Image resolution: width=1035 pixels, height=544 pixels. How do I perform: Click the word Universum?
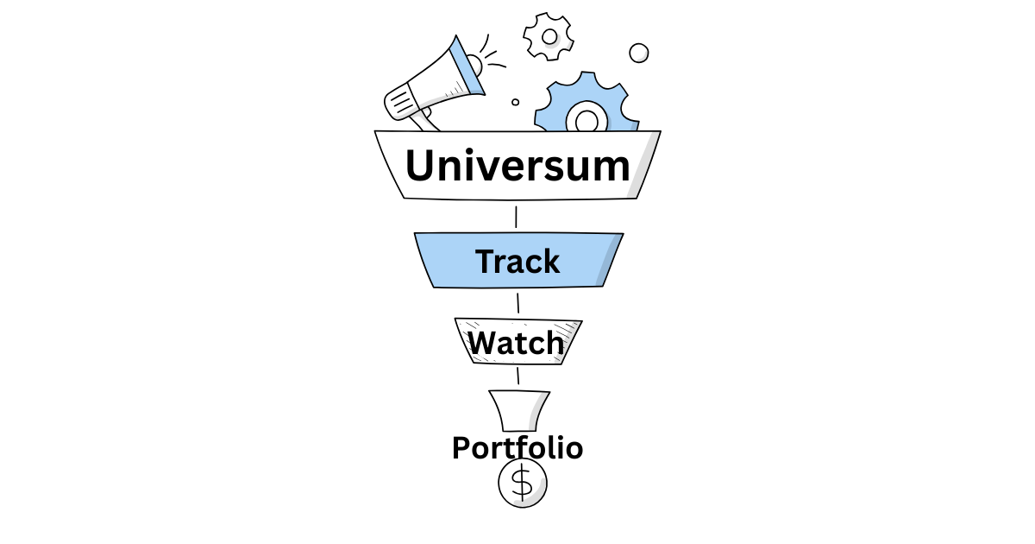pos(517,166)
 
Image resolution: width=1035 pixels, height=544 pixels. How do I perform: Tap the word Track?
pos(517,261)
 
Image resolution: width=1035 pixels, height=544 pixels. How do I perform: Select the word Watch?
pos(517,343)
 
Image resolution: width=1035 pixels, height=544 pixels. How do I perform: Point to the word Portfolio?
pos(517,448)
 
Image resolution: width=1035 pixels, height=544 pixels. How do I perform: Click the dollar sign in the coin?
pos(522,483)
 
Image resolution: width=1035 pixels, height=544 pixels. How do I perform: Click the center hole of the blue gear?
pos(587,118)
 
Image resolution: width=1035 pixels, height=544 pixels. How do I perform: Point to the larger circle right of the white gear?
pos(639,53)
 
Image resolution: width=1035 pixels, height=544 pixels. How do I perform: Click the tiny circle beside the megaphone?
pos(516,102)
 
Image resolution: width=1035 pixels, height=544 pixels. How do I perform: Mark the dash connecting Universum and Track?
pos(516,217)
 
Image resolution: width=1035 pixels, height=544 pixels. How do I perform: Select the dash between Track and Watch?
pos(517,303)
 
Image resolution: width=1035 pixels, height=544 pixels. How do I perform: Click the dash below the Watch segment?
pos(517,376)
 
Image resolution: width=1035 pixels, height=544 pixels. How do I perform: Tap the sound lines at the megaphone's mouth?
pos(493,52)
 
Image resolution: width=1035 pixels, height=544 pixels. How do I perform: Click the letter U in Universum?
pos(423,166)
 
